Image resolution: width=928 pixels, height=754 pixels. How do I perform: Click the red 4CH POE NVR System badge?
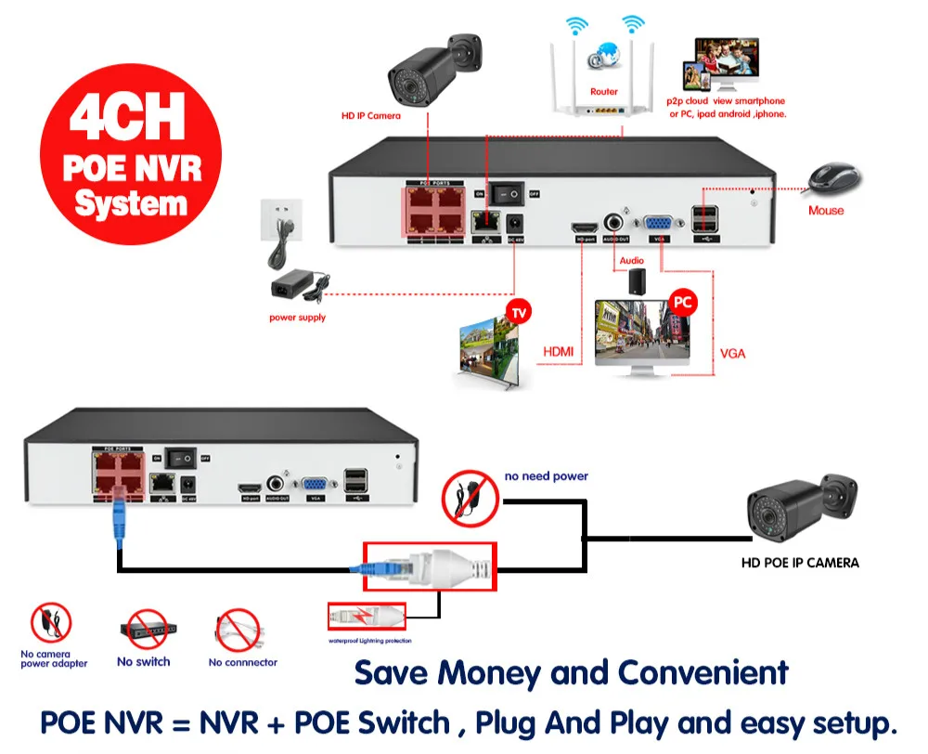point(130,153)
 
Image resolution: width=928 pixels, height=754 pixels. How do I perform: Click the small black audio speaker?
point(637,281)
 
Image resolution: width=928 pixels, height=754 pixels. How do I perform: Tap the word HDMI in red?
point(558,352)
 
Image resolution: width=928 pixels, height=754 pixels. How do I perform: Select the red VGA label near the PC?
point(732,354)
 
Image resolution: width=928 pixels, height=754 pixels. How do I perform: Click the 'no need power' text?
point(547,476)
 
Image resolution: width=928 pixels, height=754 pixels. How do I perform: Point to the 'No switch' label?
point(144,662)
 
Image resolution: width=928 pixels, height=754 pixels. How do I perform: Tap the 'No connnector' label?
point(243,662)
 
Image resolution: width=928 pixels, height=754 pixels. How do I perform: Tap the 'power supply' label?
point(298,318)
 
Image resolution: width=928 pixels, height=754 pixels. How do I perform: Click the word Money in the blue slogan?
point(490,673)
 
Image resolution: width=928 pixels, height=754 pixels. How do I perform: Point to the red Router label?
point(603,92)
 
